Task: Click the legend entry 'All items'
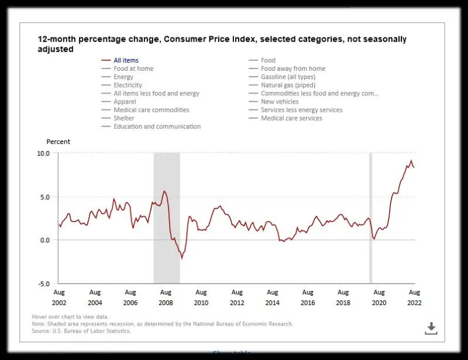[126, 60]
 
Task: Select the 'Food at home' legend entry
[133, 68]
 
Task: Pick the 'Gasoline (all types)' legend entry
[288, 77]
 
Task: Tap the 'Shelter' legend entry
[123, 118]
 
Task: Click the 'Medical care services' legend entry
[291, 118]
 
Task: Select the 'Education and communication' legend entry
[157, 126]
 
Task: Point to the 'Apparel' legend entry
[125, 101]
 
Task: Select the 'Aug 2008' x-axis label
[166, 297]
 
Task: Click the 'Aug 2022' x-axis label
[414, 297]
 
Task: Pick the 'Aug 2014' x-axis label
[272, 297]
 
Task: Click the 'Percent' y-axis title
[58, 142]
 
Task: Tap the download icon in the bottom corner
[431, 328]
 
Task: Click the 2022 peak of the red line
[411, 160]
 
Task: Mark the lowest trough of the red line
[181, 258]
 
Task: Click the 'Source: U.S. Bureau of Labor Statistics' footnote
[81, 331]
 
